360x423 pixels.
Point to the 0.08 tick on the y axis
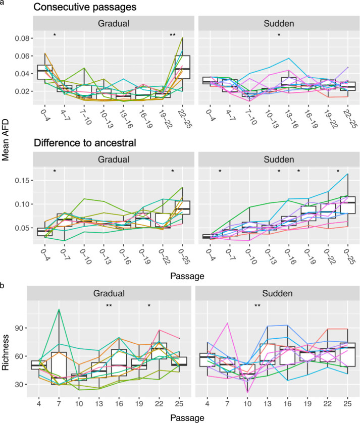point(23,38)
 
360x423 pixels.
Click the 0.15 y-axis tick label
point(23,180)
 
